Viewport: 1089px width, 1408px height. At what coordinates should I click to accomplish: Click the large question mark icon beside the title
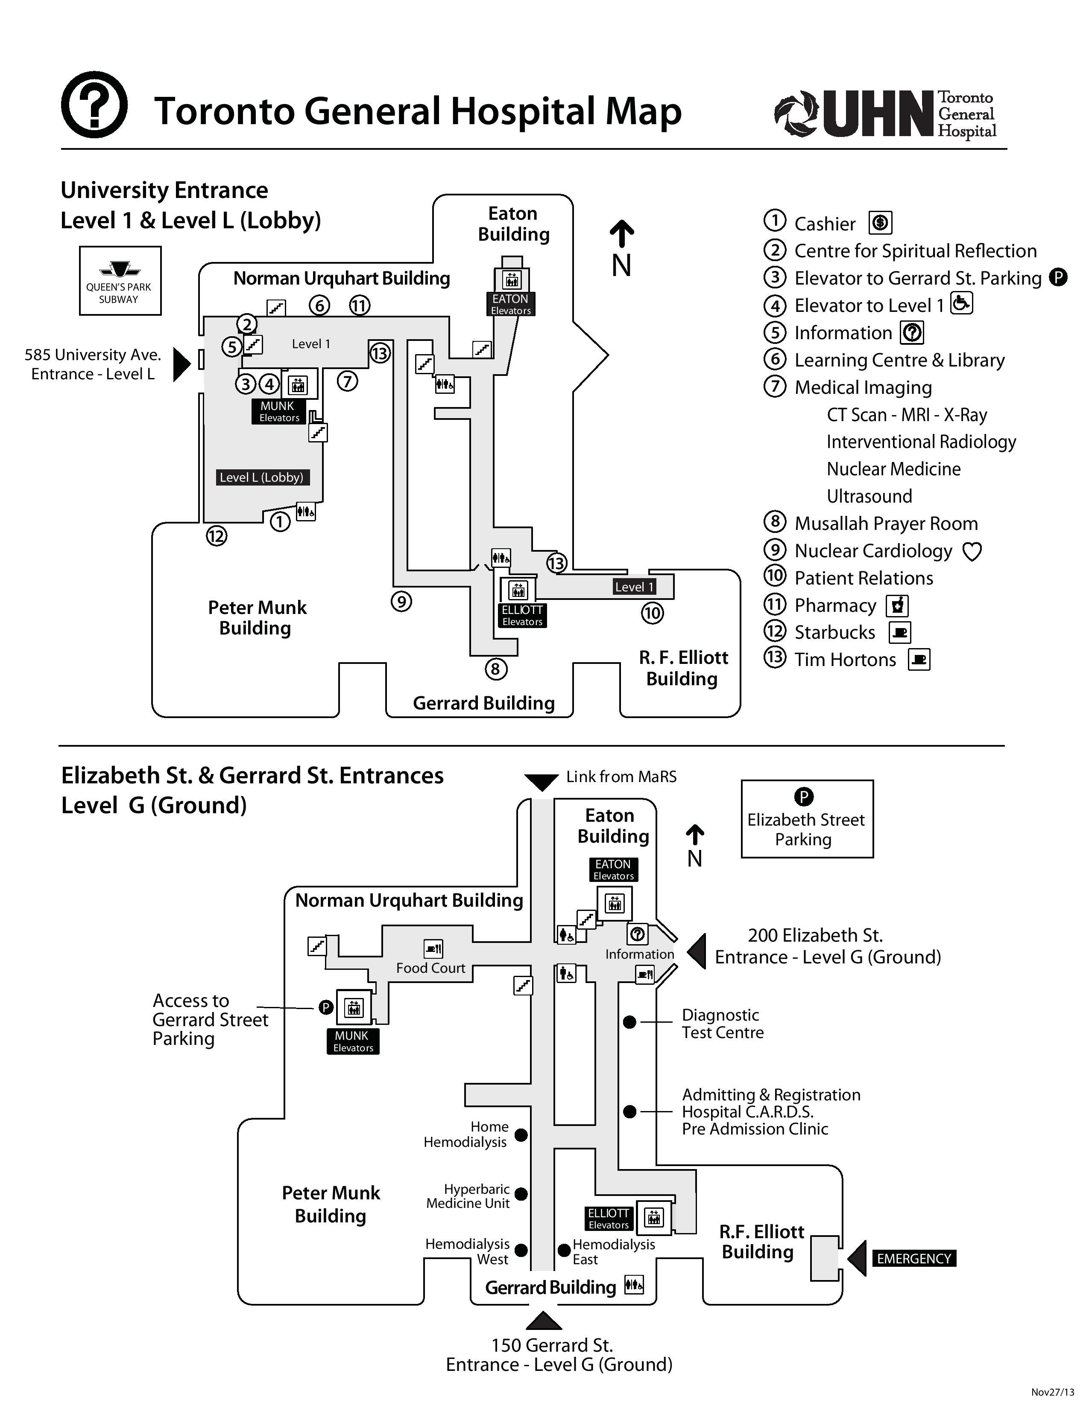coord(94,105)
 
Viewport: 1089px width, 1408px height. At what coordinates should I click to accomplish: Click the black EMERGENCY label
coord(913,1258)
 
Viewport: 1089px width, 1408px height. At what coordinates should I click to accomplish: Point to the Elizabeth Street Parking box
coord(806,819)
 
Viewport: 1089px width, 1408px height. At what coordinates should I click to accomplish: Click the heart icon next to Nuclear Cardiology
coord(972,552)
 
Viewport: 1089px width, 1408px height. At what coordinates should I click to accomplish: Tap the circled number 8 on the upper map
coord(495,669)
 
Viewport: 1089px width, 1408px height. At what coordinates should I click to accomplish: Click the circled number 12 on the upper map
coord(217,536)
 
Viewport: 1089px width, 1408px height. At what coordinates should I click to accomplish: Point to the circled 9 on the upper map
coord(401,602)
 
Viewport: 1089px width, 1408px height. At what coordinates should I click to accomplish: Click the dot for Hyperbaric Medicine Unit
coord(521,1194)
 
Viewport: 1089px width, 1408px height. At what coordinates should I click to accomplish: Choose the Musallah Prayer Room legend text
coord(886,524)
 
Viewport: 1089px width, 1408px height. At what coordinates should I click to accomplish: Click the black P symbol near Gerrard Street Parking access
coord(326,1007)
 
